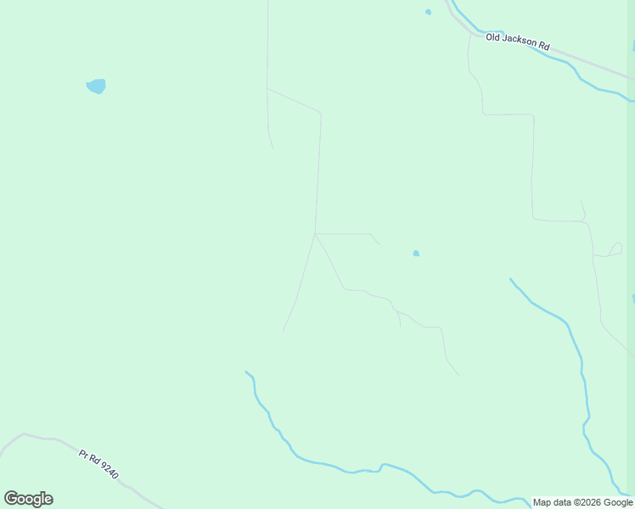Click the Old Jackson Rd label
tap(518, 42)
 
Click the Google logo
tap(28, 499)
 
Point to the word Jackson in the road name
tap(520, 41)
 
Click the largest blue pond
tap(96, 86)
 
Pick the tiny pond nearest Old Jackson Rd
tap(428, 12)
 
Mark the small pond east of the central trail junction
tap(416, 253)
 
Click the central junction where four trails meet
tap(315, 233)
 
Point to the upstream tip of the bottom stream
tap(246, 372)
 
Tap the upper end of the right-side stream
tap(510, 278)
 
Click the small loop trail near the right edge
tap(615, 249)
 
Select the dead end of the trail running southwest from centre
tap(283, 331)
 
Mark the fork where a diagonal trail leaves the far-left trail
tap(267, 88)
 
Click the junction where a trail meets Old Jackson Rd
tap(469, 34)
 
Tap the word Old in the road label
tap(493, 36)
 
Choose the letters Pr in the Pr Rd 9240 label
tap(84, 455)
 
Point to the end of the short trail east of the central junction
tap(379, 245)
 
